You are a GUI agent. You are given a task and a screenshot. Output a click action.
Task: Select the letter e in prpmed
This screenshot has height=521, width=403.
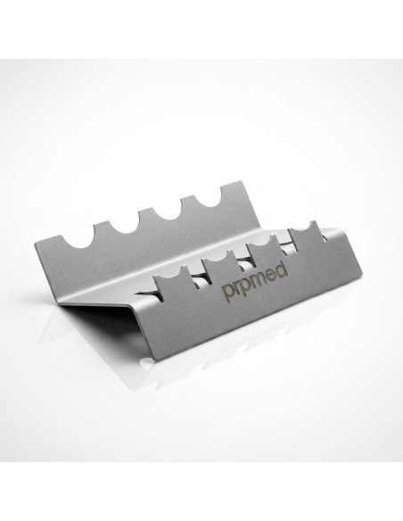270,275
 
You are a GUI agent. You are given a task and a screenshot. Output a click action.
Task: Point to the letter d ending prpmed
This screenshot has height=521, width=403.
281,269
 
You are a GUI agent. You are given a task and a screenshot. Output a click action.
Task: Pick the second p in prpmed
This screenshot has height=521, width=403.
246,286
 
